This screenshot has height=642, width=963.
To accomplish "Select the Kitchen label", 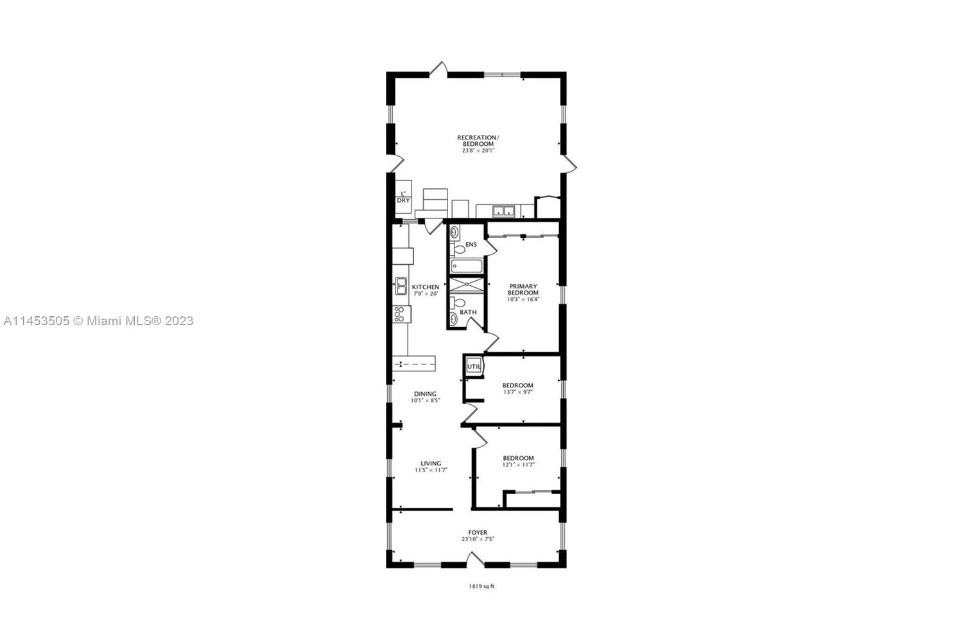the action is pos(426,287).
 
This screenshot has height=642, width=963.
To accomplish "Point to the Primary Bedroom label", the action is pos(523,289).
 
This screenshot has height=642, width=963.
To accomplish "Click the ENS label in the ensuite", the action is pos(471,244).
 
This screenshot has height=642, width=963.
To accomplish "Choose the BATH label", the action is pos(468,312).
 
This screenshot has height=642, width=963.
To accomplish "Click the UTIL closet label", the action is pos(474,366).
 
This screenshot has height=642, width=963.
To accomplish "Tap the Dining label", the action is pos(425,394).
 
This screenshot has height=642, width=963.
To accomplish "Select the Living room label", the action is pos(431,463).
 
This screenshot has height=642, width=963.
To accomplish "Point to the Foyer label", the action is pos(478,533).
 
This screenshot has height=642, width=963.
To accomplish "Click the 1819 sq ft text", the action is pos(481,586).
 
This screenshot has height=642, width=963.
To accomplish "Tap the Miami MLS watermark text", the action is pos(98,321).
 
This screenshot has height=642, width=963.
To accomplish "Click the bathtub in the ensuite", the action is pos(467,266).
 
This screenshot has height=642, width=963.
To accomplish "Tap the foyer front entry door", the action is pos(476,559).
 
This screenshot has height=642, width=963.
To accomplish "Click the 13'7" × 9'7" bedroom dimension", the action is pos(518,392).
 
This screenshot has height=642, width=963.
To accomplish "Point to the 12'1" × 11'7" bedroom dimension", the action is pos(519,465).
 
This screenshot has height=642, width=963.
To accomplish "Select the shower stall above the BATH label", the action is pos(466,285).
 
